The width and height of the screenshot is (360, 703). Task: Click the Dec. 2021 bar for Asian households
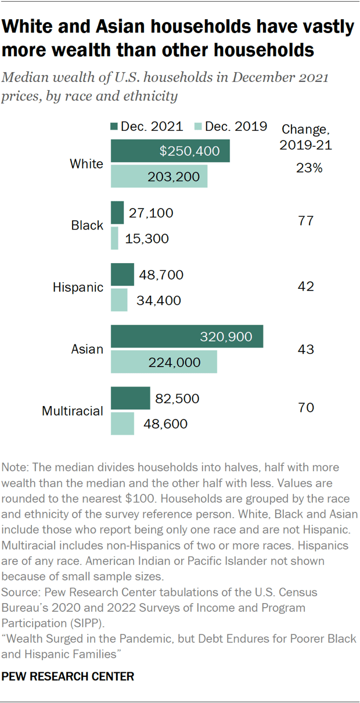point(186,336)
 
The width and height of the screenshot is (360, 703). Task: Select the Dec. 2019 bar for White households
point(159,176)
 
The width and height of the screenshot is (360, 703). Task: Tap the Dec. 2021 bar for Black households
point(117,213)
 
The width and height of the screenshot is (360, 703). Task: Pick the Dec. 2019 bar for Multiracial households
point(122,424)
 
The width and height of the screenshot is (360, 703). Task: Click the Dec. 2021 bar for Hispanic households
point(122,275)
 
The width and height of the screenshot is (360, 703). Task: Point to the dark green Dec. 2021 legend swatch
point(114,127)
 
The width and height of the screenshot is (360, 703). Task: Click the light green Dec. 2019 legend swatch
point(196,127)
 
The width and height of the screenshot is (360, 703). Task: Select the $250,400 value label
point(189,151)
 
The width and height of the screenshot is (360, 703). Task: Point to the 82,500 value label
point(177,399)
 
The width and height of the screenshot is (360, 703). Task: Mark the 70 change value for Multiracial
point(305,407)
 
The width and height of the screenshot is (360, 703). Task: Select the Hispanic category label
point(78,287)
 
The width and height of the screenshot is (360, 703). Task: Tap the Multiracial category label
point(73,411)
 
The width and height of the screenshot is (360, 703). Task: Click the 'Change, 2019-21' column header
point(305,137)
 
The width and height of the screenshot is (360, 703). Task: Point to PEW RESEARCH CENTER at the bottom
point(69,676)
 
